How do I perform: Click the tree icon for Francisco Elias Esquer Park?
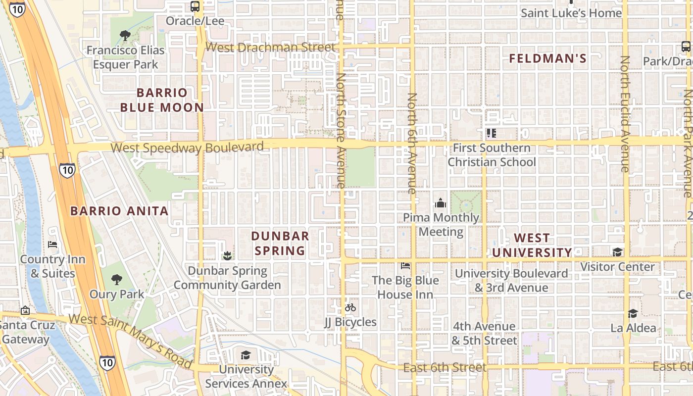[125, 35]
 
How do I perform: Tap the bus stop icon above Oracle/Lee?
[195, 6]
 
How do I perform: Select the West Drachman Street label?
[270, 48]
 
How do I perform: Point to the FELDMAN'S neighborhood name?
[548, 58]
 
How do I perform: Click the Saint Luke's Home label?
[571, 13]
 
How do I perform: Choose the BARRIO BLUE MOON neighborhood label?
[162, 100]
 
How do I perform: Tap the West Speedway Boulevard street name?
[187, 148]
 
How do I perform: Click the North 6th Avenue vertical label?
[412, 143]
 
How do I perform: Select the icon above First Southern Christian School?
[491, 133]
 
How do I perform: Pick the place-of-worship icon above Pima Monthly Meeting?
[440, 203]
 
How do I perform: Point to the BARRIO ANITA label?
[119, 211]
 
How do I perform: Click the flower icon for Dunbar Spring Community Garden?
[227, 256]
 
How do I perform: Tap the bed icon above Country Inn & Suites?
[52, 245]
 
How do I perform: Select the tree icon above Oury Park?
[117, 280]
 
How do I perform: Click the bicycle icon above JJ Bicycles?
[350, 307]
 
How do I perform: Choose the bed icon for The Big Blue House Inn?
[405, 266]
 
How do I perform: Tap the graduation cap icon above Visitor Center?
[617, 252]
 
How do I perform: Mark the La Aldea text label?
[633, 328]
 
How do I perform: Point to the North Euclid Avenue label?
[625, 114]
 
